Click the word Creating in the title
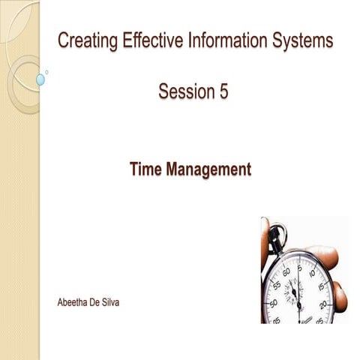[85, 42]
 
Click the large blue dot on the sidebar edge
[40, 79]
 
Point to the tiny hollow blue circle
[47, 72]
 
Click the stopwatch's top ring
[275, 233]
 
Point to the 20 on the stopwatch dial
[323, 304]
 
